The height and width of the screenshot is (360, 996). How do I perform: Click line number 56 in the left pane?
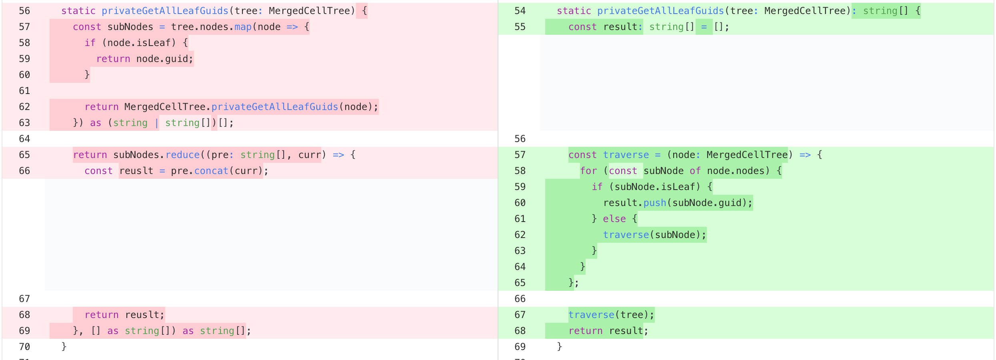click(x=24, y=11)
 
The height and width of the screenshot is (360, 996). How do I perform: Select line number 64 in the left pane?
click(x=24, y=139)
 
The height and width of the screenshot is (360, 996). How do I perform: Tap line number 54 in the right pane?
click(x=520, y=11)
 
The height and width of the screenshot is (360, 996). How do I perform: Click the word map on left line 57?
click(x=243, y=27)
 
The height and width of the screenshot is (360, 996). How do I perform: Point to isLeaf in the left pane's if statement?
click(x=154, y=43)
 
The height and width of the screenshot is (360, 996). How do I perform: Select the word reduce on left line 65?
click(x=182, y=155)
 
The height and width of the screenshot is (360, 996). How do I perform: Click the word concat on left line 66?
click(x=211, y=171)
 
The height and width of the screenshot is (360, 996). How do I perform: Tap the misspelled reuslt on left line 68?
click(x=142, y=315)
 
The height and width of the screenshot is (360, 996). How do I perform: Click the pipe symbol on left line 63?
click(x=156, y=123)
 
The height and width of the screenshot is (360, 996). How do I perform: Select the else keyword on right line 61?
click(x=614, y=219)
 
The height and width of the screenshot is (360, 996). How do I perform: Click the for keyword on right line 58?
click(x=588, y=171)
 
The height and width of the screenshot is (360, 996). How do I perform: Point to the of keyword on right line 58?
click(x=695, y=171)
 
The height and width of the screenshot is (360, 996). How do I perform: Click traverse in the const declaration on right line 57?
click(x=626, y=155)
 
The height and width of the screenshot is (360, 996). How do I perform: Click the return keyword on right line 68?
click(x=586, y=331)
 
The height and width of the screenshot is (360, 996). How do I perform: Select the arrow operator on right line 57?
click(x=805, y=155)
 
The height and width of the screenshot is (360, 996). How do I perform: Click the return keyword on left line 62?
click(x=102, y=107)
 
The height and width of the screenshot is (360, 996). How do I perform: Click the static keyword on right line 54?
click(x=574, y=11)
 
